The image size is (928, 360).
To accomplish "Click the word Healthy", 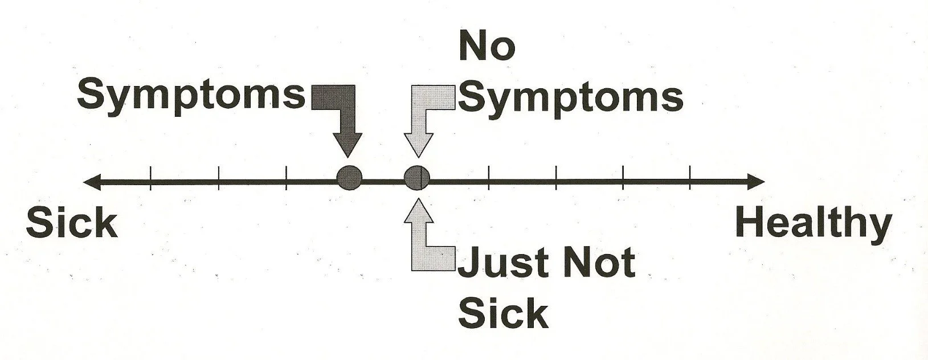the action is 813,224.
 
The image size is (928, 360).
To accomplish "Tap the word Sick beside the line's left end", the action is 72,224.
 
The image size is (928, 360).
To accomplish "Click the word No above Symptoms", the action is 487,47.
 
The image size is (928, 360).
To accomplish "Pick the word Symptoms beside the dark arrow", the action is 191,95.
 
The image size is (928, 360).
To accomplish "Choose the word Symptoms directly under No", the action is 570,97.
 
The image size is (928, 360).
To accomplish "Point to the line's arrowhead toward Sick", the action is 91,182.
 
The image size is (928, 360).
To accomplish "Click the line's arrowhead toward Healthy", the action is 757,182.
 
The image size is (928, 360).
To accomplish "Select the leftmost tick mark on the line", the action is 150,178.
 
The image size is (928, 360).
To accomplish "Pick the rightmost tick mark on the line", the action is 690,178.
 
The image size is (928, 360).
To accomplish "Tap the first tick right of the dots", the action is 489,178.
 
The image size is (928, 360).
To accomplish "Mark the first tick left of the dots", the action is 286,178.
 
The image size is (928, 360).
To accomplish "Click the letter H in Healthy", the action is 747,224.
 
